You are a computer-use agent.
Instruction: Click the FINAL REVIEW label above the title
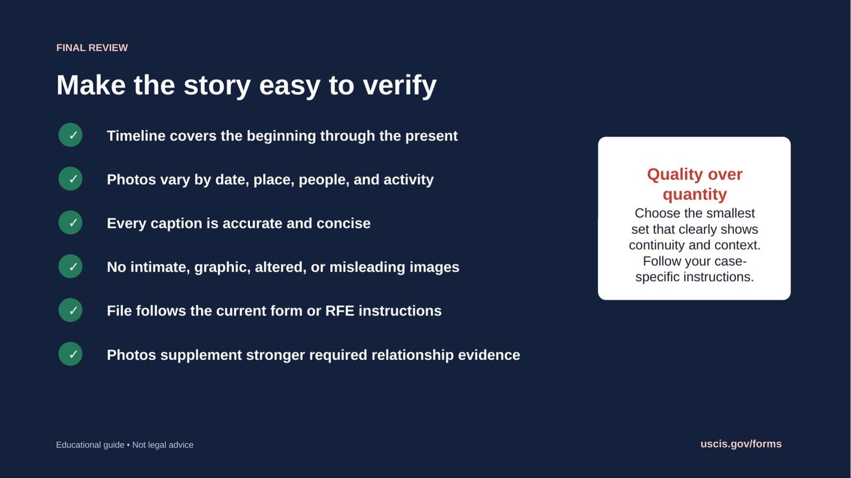click(x=92, y=48)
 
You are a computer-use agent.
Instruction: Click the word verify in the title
click(x=400, y=86)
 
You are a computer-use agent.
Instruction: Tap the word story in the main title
click(x=217, y=86)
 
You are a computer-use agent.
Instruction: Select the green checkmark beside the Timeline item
click(x=70, y=135)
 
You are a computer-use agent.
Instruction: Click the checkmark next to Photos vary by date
click(x=70, y=179)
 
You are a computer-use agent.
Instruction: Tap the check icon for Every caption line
click(x=70, y=222)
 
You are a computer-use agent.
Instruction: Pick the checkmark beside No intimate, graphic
click(x=70, y=266)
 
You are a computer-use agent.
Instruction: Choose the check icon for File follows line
click(x=70, y=310)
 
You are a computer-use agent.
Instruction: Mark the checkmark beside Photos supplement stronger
click(x=70, y=354)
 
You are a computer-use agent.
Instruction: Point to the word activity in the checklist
click(x=409, y=180)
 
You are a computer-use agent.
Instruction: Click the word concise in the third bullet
click(x=343, y=223)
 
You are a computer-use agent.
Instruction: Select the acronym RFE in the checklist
click(x=340, y=311)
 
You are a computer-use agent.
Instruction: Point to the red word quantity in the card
click(x=695, y=195)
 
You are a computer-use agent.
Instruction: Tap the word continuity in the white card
click(x=657, y=245)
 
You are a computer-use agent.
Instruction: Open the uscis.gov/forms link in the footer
click(x=741, y=444)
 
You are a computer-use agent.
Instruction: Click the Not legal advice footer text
click(x=163, y=445)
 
